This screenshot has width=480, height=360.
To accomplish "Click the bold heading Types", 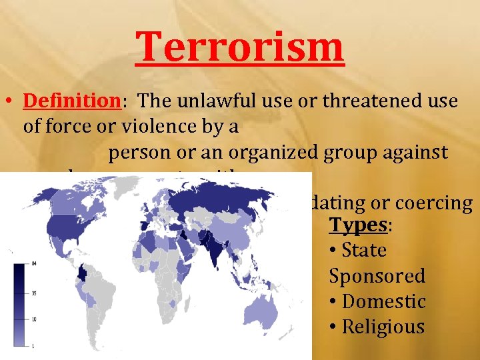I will pos(359,225).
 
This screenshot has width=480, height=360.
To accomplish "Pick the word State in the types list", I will pos(364,250).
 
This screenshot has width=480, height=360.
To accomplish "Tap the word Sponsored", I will pos(377,275).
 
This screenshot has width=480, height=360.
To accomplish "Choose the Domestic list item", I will pos(383,301).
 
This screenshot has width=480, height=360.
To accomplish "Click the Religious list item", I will pos(383,327).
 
